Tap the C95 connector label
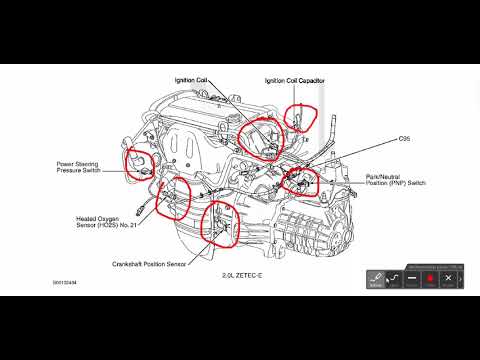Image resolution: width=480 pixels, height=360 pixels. [x=376, y=139]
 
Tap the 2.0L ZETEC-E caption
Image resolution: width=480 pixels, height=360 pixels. [x=242, y=276]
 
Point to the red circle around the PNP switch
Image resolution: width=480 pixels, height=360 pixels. [x=299, y=181]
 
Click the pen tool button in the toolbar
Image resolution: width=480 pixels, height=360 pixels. [x=376, y=281]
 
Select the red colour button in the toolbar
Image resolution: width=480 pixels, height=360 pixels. [x=430, y=281]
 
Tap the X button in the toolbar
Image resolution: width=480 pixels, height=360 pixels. [x=448, y=281]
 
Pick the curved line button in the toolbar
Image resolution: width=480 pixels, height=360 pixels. [x=394, y=281]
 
